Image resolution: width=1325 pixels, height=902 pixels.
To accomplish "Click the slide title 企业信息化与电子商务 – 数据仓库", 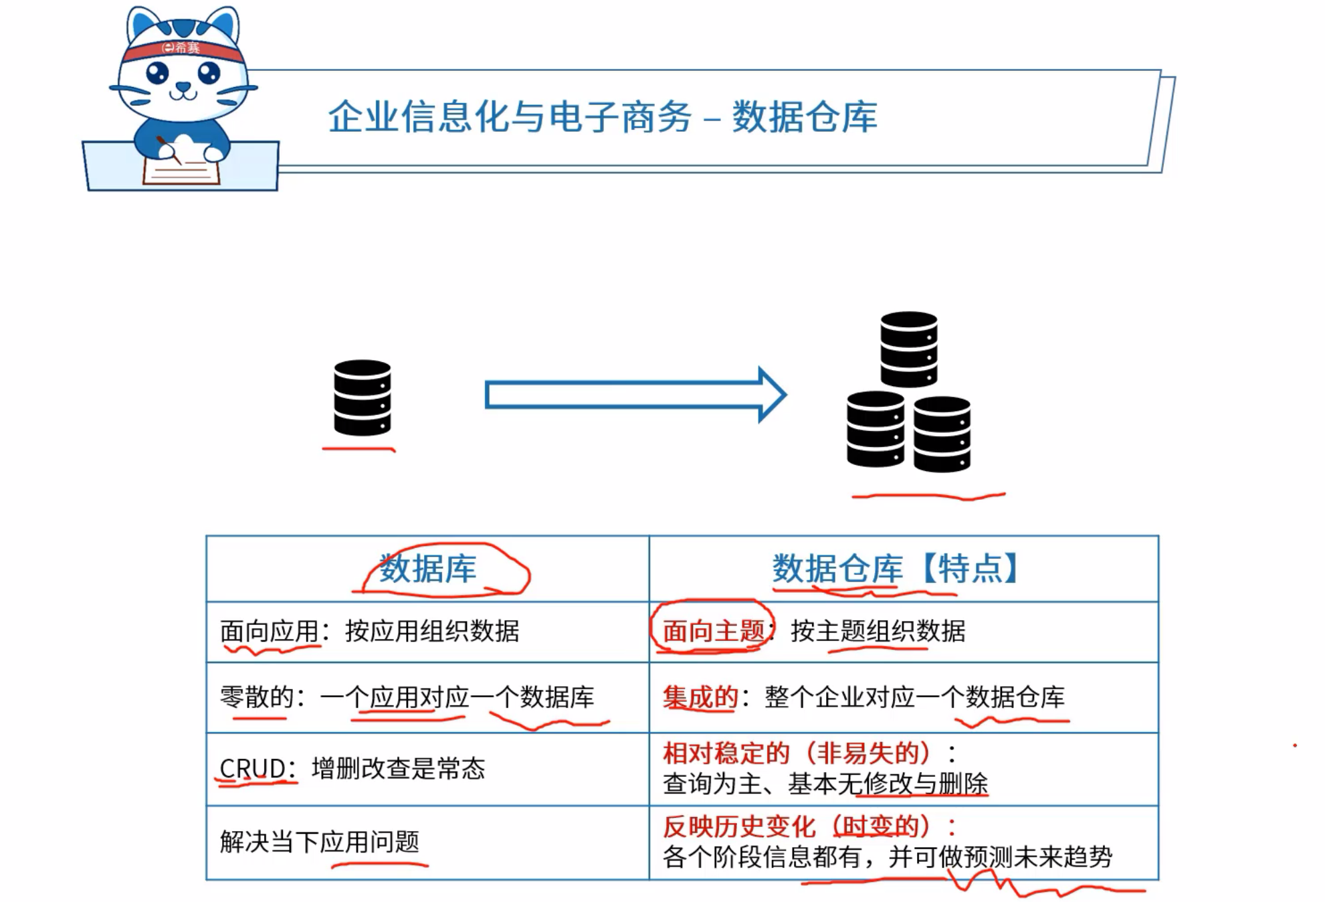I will click(602, 117).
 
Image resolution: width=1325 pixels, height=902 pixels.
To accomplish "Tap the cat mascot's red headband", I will click(182, 51).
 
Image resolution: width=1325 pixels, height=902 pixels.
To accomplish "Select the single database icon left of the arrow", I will click(362, 397).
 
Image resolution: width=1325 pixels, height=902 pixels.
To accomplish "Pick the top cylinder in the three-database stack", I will click(908, 349).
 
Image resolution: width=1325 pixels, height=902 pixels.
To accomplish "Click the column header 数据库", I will click(428, 569).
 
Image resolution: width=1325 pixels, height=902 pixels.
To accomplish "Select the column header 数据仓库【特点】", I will click(896, 569).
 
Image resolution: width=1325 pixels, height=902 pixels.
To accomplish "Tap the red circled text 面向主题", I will click(713, 630).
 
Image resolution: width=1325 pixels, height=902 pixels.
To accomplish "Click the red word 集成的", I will click(700, 697).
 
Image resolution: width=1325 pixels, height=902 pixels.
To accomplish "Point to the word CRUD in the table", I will click(253, 768).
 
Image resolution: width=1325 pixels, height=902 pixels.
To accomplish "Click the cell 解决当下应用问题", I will click(320, 842).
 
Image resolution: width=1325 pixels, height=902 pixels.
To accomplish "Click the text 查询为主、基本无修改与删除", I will click(825, 784).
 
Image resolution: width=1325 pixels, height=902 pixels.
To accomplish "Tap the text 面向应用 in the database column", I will click(269, 631).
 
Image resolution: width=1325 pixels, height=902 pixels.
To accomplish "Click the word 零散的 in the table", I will click(257, 697).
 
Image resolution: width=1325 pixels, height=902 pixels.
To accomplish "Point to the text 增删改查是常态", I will click(399, 768).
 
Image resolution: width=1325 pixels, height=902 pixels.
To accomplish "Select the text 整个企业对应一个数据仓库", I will click(914, 697).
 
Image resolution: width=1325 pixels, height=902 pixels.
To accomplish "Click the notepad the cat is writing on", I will click(181, 167).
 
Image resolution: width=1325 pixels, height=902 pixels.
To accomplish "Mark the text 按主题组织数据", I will click(878, 630).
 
